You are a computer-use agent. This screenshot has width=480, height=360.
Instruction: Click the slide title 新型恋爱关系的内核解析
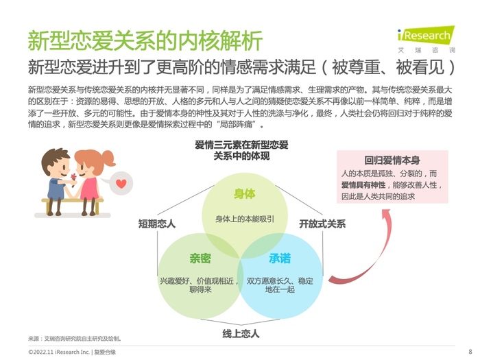[x=145, y=40]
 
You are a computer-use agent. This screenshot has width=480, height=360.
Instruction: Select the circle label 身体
[x=245, y=194]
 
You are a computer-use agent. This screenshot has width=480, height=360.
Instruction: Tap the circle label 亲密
[x=200, y=259]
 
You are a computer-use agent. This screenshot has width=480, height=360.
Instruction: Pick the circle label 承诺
[x=279, y=259]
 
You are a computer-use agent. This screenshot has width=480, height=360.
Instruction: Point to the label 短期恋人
[x=157, y=224]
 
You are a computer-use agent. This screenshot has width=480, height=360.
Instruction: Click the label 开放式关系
[x=323, y=224]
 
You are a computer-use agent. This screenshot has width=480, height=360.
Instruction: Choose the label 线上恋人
[x=241, y=333]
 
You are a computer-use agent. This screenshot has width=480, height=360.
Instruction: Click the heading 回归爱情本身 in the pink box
[x=392, y=160]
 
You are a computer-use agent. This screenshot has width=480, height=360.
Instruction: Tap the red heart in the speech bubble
[x=121, y=183]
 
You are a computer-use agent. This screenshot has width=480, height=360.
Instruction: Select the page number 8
[x=470, y=351]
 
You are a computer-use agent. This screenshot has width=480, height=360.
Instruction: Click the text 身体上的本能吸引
[x=245, y=219]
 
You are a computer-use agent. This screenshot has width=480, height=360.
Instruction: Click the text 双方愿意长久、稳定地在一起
[x=280, y=285]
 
